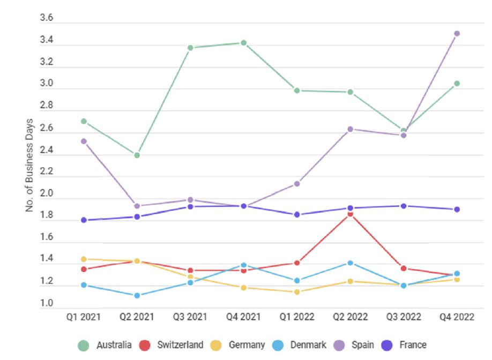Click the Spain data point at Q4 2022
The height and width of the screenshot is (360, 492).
(x=457, y=33)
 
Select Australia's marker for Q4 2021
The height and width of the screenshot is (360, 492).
(x=243, y=43)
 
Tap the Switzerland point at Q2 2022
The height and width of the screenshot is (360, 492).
(x=350, y=214)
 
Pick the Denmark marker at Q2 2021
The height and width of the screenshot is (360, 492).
(x=137, y=295)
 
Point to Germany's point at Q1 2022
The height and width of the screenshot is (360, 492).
(x=296, y=291)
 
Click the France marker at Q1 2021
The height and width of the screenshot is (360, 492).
(x=84, y=220)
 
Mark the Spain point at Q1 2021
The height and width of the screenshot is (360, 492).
(x=84, y=141)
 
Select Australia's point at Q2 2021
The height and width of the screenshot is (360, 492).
(x=137, y=155)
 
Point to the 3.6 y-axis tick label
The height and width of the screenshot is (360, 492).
(x=47, y=18)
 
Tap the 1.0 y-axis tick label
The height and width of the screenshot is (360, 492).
(x=47, y=304)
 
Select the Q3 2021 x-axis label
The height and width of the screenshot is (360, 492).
(x=190, y=317)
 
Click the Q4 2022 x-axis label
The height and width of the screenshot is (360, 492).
(x=457, y=317)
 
